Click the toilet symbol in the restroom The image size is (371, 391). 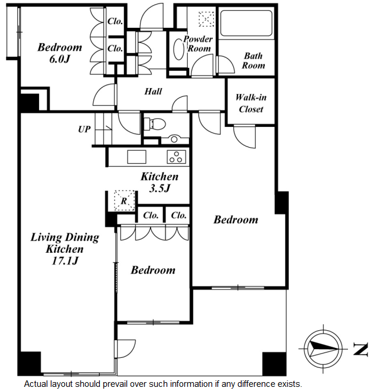tap(155, 124)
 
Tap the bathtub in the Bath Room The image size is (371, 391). tap(246, 23)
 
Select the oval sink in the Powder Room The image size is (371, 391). tap(178, 49)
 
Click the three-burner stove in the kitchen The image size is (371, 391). tap(177, 157)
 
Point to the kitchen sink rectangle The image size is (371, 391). tap(136, 157)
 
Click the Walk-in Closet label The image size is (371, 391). tap(250, 103)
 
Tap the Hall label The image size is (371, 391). tap(153, 92)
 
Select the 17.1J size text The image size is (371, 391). tap(65, 261)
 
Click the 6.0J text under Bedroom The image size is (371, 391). tap(60, 59)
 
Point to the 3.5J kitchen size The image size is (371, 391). tap(160, 188)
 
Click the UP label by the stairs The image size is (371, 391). tap(84, 129)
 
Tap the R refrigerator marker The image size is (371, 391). tap(124, 201)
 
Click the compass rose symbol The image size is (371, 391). tap(323, 348)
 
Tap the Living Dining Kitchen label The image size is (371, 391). tap(64, 243)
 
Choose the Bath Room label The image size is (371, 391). tap(253, 61)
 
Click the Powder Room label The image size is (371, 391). tap(198, 44)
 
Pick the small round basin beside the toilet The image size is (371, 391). tap(174, 139)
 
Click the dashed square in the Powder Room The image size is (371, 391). tap(206, 19)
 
